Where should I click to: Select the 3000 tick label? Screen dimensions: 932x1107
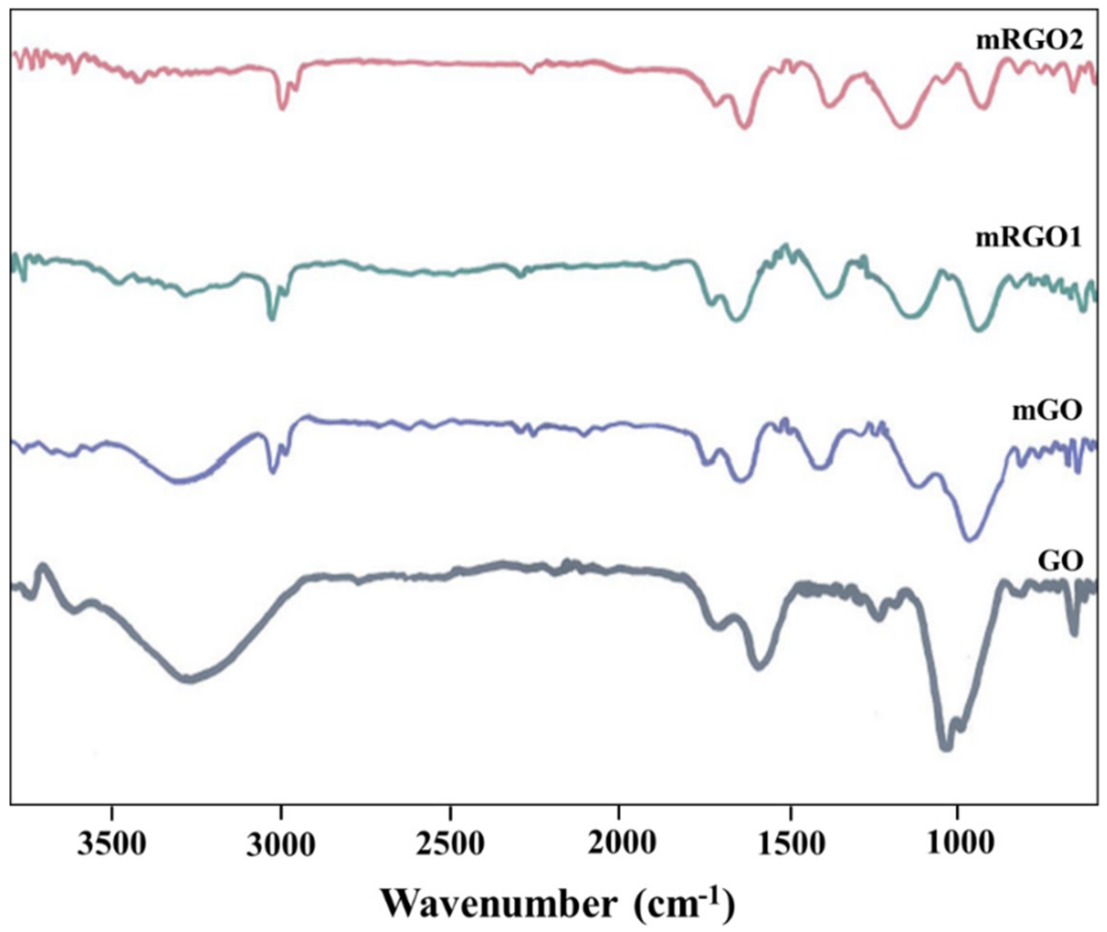click(281, 844)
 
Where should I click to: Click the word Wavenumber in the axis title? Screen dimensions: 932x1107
click(499, 902)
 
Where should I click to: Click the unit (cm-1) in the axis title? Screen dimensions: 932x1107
click(684, 902)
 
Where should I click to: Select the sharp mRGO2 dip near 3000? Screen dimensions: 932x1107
click(283, 108)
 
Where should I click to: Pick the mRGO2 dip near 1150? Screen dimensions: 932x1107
click(902, 126)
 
